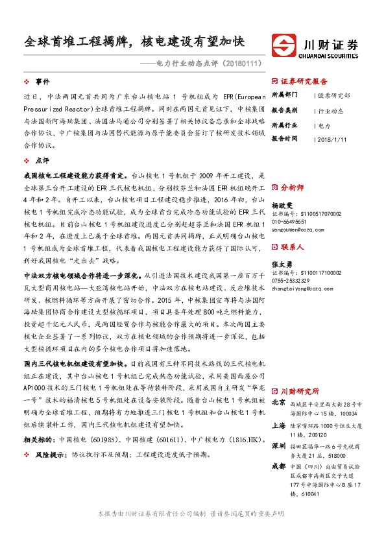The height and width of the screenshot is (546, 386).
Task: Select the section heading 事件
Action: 42,82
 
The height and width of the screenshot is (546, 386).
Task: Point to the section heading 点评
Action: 42,160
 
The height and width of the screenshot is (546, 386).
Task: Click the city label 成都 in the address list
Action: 278,466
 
